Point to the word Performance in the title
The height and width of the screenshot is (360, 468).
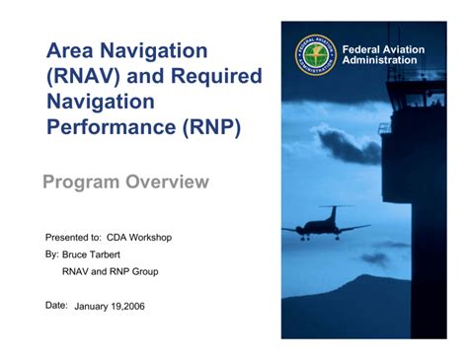coord(111,128)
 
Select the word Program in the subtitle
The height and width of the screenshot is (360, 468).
coord(82,182)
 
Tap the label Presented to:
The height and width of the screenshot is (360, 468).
coord(73,238)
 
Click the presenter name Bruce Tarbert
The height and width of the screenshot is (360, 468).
coord(98,254)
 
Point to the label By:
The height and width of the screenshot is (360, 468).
coord(52,254)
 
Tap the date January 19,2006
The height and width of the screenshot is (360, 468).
coord(110,306)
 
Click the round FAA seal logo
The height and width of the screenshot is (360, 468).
coord(315,54)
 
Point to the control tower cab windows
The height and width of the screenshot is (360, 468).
coord(424,100)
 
